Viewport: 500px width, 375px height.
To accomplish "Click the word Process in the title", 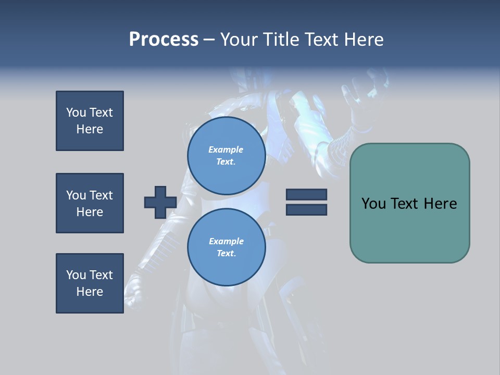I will (164, 40).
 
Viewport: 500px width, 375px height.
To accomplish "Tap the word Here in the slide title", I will (363, 40).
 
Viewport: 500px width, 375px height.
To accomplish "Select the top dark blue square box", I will (90, 121).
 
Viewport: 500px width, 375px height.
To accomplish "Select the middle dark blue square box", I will (90, 203).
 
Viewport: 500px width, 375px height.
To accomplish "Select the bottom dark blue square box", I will (90, 283).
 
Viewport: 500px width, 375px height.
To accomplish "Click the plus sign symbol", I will (160, 202).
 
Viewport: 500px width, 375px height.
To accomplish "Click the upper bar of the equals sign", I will (306, 194).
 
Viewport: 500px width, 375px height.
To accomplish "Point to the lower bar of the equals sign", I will (306, 210).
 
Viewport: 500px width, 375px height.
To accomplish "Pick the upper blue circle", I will (226, 155).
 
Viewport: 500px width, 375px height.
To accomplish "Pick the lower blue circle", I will (226, 247).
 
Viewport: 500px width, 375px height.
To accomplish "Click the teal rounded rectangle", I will (409, 203).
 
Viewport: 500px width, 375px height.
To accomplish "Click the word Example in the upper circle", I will (226, 149).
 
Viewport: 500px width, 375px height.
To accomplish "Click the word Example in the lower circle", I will (226, 241).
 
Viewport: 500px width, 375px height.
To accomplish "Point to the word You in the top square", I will (75, 113).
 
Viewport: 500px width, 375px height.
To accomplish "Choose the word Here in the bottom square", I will (90, 292).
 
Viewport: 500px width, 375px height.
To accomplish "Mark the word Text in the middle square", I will (101, 195).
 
